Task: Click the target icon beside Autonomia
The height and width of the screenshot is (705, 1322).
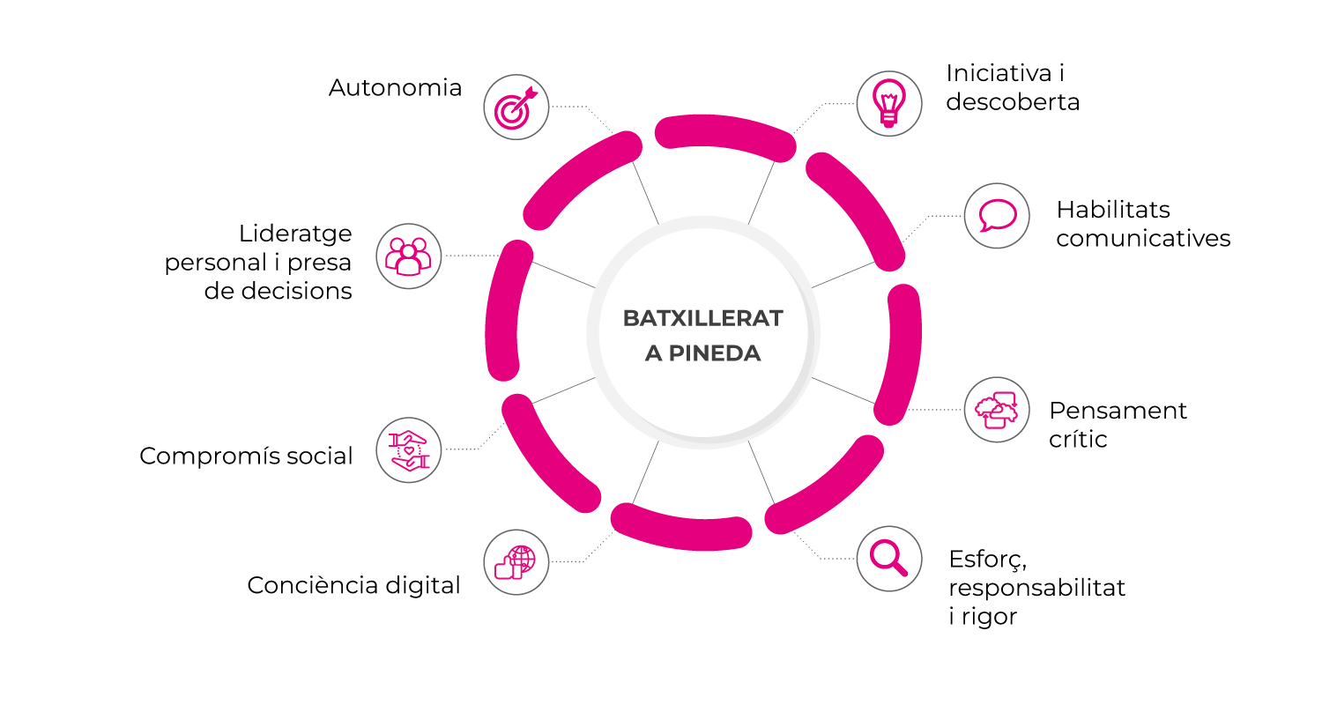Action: coord(516,108)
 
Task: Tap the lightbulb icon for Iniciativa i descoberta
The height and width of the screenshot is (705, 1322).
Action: coord(888,103)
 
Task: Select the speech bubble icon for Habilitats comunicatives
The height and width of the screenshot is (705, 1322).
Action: coord(997,216)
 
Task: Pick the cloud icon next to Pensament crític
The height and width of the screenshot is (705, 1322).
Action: coord(997,410)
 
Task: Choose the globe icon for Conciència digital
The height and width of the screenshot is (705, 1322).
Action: coord(516,562)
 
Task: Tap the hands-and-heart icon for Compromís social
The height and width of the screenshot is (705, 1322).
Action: coord(408,450)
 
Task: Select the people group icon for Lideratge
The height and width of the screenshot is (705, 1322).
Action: coord(408,256)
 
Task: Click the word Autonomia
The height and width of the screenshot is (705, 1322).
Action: coord(395,88)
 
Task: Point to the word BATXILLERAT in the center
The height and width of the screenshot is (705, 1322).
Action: coord(703,319)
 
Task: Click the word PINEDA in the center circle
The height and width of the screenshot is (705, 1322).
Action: coord(715,353)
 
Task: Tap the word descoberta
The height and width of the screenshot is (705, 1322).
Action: coord(1013,102)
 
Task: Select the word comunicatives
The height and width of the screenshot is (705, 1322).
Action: coord(1143,238)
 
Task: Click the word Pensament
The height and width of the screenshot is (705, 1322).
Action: coord(1118,411)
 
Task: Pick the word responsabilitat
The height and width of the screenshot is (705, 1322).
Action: coord(1037,588)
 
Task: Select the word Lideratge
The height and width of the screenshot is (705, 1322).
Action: coord(295,234)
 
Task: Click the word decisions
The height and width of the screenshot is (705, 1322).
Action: coord(278,291)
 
